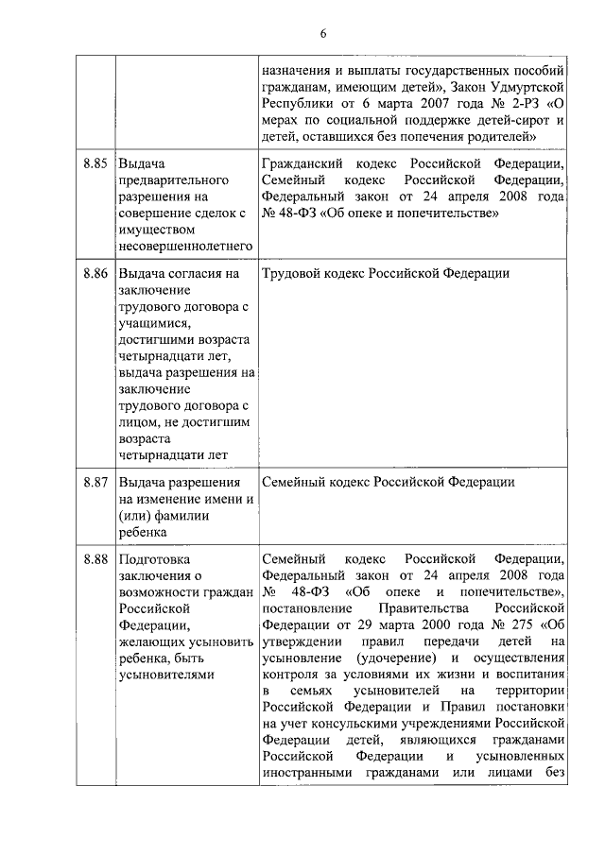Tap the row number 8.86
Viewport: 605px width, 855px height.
pos(94,273)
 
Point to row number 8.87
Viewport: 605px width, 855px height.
pos(94,482)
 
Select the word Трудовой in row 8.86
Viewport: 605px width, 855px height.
pos(292,273)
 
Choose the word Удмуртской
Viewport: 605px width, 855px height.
pos(529,86)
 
